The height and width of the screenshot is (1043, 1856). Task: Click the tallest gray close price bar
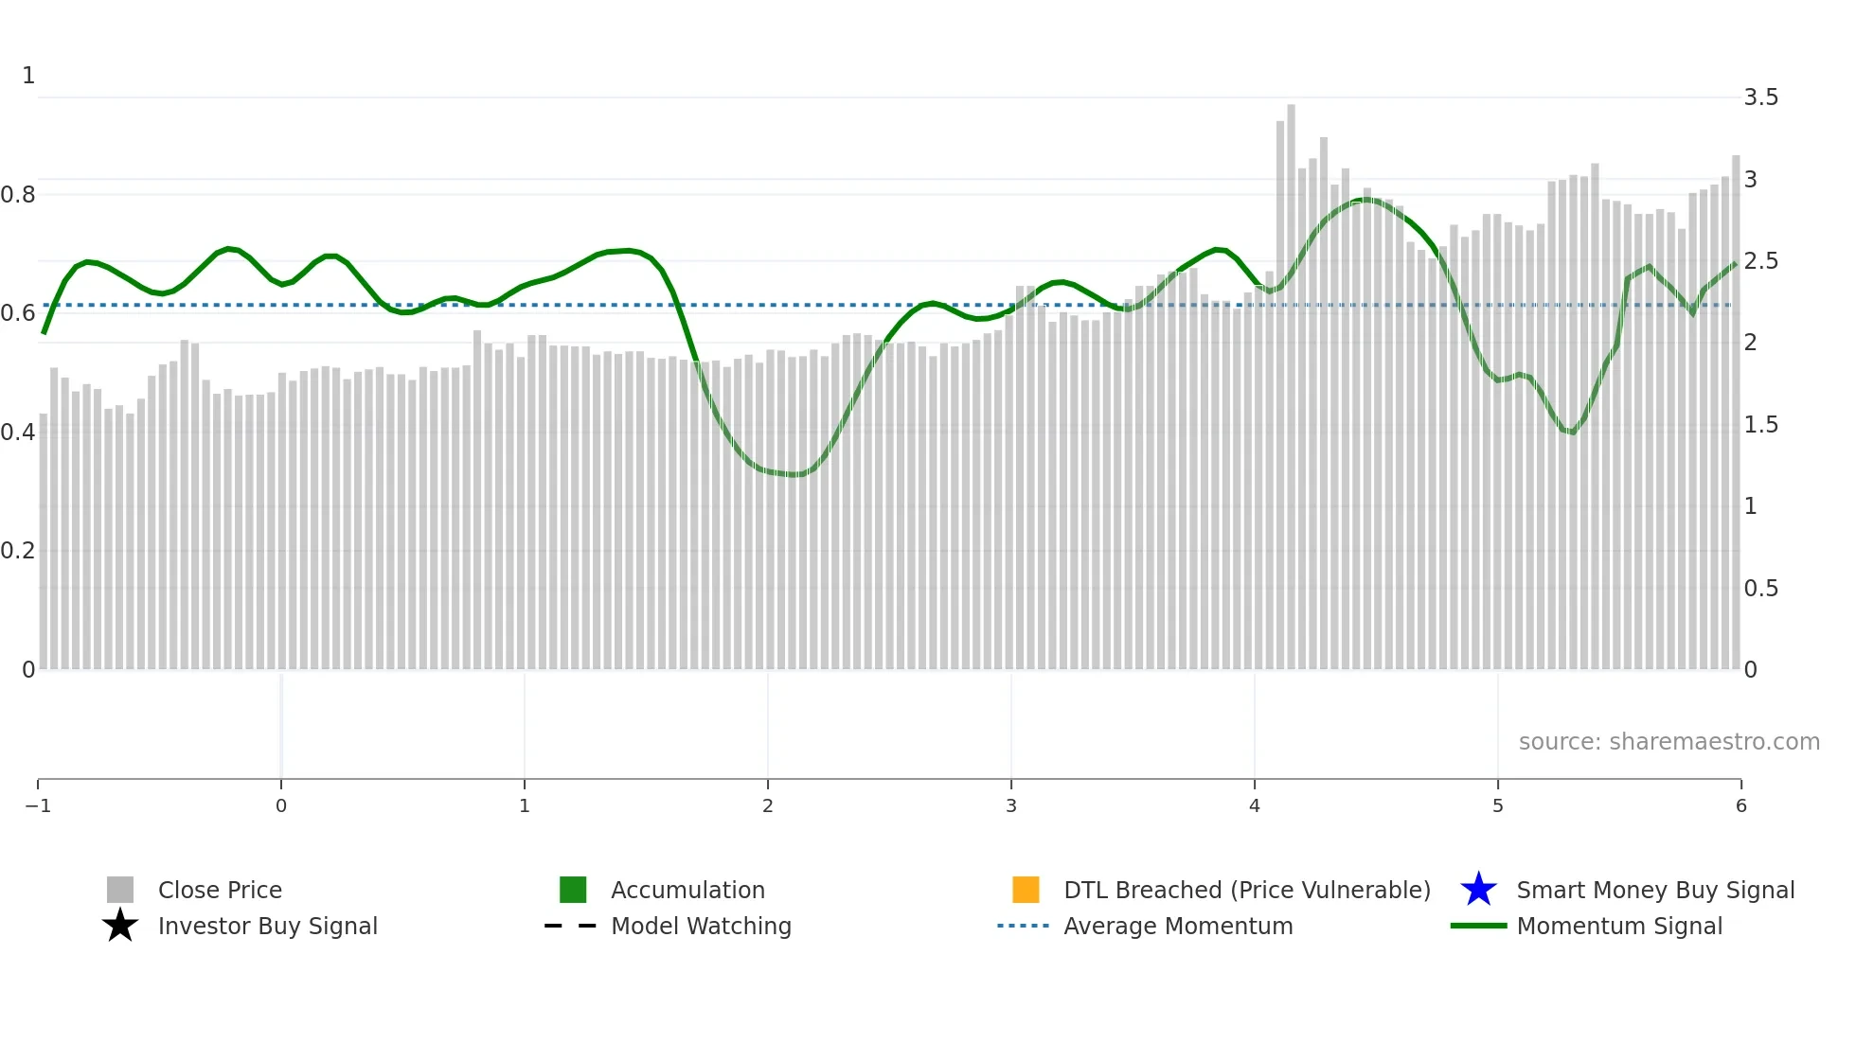tap(1291, 379)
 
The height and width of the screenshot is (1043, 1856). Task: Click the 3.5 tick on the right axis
tap(1760, 97)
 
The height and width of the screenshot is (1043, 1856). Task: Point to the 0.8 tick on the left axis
tap(18, 195)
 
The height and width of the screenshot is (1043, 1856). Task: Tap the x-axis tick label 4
tap(1255, 805)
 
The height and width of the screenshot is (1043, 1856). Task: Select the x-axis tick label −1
tap(38, 805)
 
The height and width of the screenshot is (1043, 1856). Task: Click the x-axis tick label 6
tap(1740, 805)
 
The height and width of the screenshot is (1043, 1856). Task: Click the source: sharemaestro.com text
tap(1669, 741)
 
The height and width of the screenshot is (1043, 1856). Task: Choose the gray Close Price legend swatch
tap(120, 890)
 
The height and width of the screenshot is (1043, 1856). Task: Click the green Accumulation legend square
tap(573, 890)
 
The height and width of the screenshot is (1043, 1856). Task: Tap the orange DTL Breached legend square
tap(1026, 890)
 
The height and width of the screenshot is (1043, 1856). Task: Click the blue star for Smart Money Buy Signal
tap(1478, 890)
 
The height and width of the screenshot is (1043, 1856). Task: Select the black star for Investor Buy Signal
tap(120, 926)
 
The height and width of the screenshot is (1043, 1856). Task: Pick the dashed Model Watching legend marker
tap(571, 926)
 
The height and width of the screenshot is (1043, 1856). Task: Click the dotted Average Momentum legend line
tap(1023, 926)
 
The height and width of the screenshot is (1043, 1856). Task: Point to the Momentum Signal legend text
tap(1619, 926)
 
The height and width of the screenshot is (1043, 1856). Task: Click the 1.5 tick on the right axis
tap(1760, 425)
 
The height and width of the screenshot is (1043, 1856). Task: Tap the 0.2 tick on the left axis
tap(18, 551)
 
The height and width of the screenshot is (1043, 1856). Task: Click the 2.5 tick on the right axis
tap(1760, 261)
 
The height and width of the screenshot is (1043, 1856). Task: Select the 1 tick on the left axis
tap(28, 76)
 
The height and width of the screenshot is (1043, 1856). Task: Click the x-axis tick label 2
tap(768, 805)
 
